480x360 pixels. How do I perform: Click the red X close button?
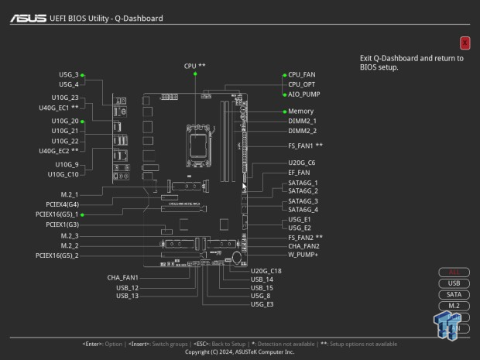pos(465,43)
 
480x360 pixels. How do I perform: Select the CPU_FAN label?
pos(301,74)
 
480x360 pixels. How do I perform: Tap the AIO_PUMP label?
pos(303,94)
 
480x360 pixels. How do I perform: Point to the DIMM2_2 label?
pos(302,131)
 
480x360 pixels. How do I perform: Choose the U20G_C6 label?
pos(301,163)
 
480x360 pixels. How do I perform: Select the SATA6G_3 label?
pos(303,201)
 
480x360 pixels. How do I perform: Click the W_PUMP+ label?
pos(303,255)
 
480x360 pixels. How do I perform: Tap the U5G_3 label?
pos(69,75)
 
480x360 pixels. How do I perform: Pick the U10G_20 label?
pos(65,122)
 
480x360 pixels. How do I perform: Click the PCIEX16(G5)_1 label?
pos(57,214)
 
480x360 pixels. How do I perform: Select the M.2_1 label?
pos(70,194)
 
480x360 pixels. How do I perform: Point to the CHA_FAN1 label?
pos(122,277)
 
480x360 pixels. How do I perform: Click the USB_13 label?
pos(127,296)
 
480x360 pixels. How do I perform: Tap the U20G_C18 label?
pos(266,270)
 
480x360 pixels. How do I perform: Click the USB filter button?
pos(454,283)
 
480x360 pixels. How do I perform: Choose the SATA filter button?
pos(454,294)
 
